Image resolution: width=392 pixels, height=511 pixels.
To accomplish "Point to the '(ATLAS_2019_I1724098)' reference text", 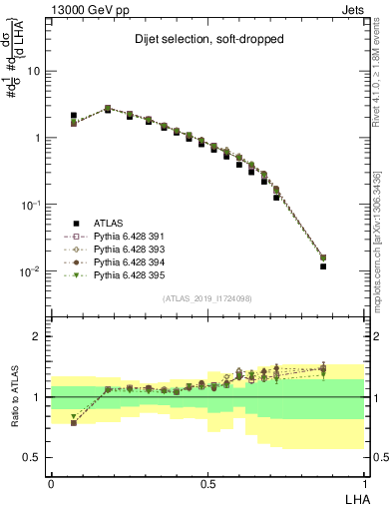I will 207,298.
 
